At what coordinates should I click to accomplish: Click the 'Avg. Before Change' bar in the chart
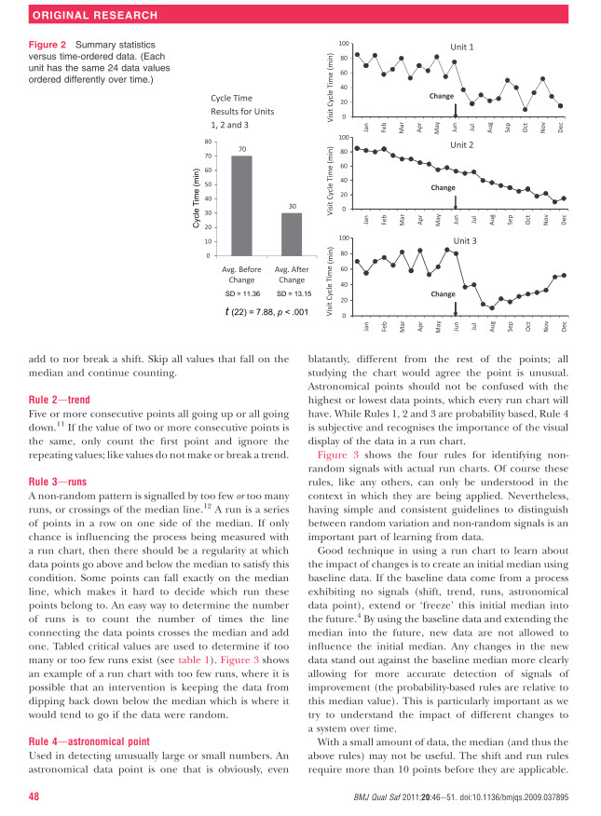pos(241,205)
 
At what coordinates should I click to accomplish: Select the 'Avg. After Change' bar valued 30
pos(292,234)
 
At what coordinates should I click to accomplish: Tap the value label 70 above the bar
pos(241,149)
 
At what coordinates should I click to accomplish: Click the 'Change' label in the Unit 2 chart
pos(442,187)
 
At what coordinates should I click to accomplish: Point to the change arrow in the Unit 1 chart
pos(455,110)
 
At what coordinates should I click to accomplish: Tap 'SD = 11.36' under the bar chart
pos(241,294)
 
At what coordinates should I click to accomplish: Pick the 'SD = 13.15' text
pos(292,294)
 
